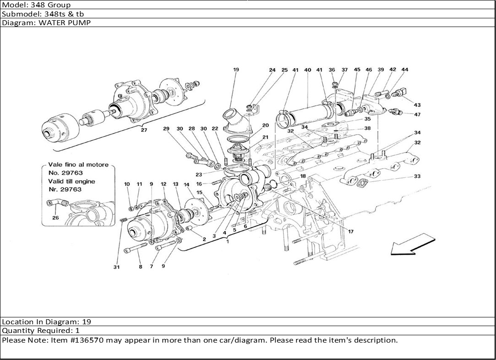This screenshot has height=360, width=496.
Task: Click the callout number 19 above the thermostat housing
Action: [236, 70]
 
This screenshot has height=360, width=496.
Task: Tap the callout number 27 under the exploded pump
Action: [144, 130]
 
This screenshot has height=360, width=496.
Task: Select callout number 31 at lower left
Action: [116, 267]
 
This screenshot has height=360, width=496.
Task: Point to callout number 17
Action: [351, 232]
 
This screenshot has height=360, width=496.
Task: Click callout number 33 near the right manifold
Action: [417, 176]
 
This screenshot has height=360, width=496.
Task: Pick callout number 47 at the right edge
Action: [417, 115]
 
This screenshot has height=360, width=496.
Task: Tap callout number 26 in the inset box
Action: [55, 218]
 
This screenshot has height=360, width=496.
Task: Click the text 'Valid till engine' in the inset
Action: [72, 181]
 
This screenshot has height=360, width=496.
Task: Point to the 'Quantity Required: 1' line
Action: [41, 331]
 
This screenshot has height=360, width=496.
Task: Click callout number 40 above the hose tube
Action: [308, 70]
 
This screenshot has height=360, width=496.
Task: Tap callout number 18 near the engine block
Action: [303, 176]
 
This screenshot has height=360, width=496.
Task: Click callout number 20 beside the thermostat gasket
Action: [265, 125]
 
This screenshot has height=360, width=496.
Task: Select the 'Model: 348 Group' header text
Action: [37, 5]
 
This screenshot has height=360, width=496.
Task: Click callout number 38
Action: [367, 129]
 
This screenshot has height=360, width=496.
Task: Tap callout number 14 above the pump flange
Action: [186, 185]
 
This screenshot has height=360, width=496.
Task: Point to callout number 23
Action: [198, 175]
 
